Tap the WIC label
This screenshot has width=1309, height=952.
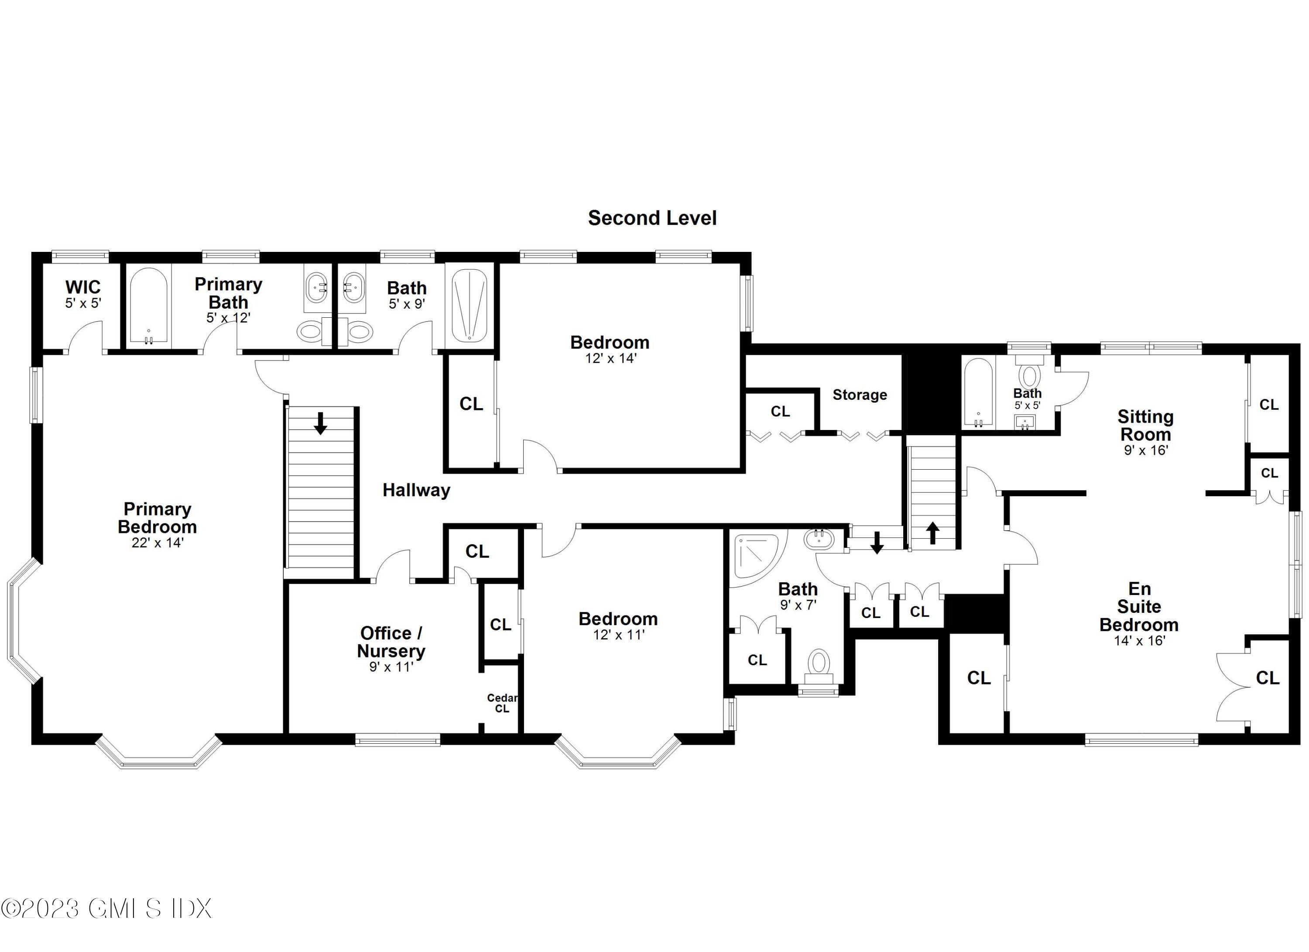(83, 287)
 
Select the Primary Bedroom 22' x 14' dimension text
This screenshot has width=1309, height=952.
(157, 543)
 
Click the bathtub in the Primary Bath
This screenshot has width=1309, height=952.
(148, 306)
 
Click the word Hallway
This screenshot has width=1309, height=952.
(416, 490)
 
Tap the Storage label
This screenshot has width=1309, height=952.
(860, 395)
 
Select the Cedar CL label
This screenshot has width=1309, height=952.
(501, 703)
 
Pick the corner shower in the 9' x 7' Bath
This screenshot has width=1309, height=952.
(755, 555)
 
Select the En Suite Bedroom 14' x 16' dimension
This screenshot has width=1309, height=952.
(1139, 640)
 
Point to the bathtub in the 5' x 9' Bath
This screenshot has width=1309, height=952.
(469, 306)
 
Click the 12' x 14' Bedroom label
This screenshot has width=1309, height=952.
(610, 342)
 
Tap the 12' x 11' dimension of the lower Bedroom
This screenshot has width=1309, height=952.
(618, 635)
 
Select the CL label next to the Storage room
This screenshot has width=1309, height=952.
(780, 411)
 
